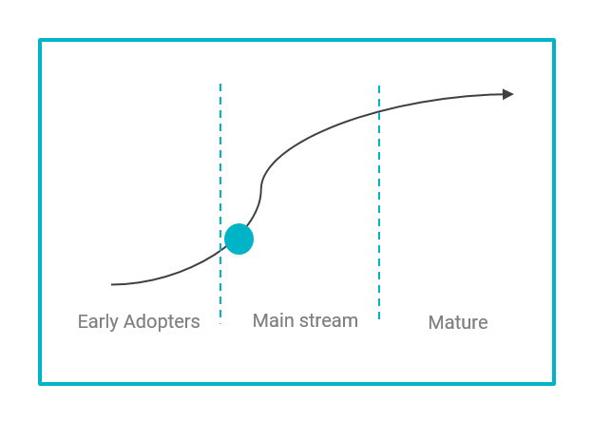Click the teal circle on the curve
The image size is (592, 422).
239,239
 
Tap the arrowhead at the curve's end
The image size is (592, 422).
508,94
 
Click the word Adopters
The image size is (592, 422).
162,321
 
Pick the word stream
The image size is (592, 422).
329,320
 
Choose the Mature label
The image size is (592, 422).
458,322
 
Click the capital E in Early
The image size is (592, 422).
83,321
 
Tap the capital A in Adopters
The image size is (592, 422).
130,321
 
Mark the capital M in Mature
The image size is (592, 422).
436,322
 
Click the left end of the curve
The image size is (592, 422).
111,284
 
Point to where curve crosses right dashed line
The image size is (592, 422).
379,111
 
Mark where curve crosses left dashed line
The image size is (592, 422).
220,249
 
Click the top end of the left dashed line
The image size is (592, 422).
220,84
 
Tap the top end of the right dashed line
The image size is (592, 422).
379,86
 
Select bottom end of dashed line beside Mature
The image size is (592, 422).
379,319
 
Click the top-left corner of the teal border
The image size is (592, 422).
40,40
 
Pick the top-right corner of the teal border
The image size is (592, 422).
554,40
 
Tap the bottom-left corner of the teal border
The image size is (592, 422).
40,384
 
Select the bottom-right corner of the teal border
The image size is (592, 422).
554,384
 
